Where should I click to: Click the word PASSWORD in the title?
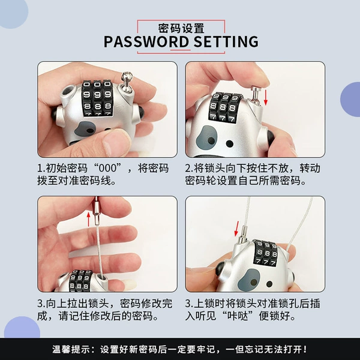pos(146,41)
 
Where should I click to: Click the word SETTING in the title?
pos(226,41)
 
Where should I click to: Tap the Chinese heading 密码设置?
pos(181,28)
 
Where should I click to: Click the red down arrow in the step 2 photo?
pos(266,97)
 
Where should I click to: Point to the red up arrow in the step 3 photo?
pos(89,219)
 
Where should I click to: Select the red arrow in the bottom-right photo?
pos(236,229)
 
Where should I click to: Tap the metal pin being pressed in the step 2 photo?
pos(255,95)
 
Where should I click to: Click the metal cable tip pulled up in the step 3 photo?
pos(97,211)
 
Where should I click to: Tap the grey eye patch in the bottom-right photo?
pos(249,280)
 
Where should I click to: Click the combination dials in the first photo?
pos(97,98)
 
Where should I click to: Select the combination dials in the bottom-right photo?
pos(266,253)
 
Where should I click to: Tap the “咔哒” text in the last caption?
pos(239,316)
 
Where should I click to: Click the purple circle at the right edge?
pos(350,100)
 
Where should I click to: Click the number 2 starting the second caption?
pos(188,169)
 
